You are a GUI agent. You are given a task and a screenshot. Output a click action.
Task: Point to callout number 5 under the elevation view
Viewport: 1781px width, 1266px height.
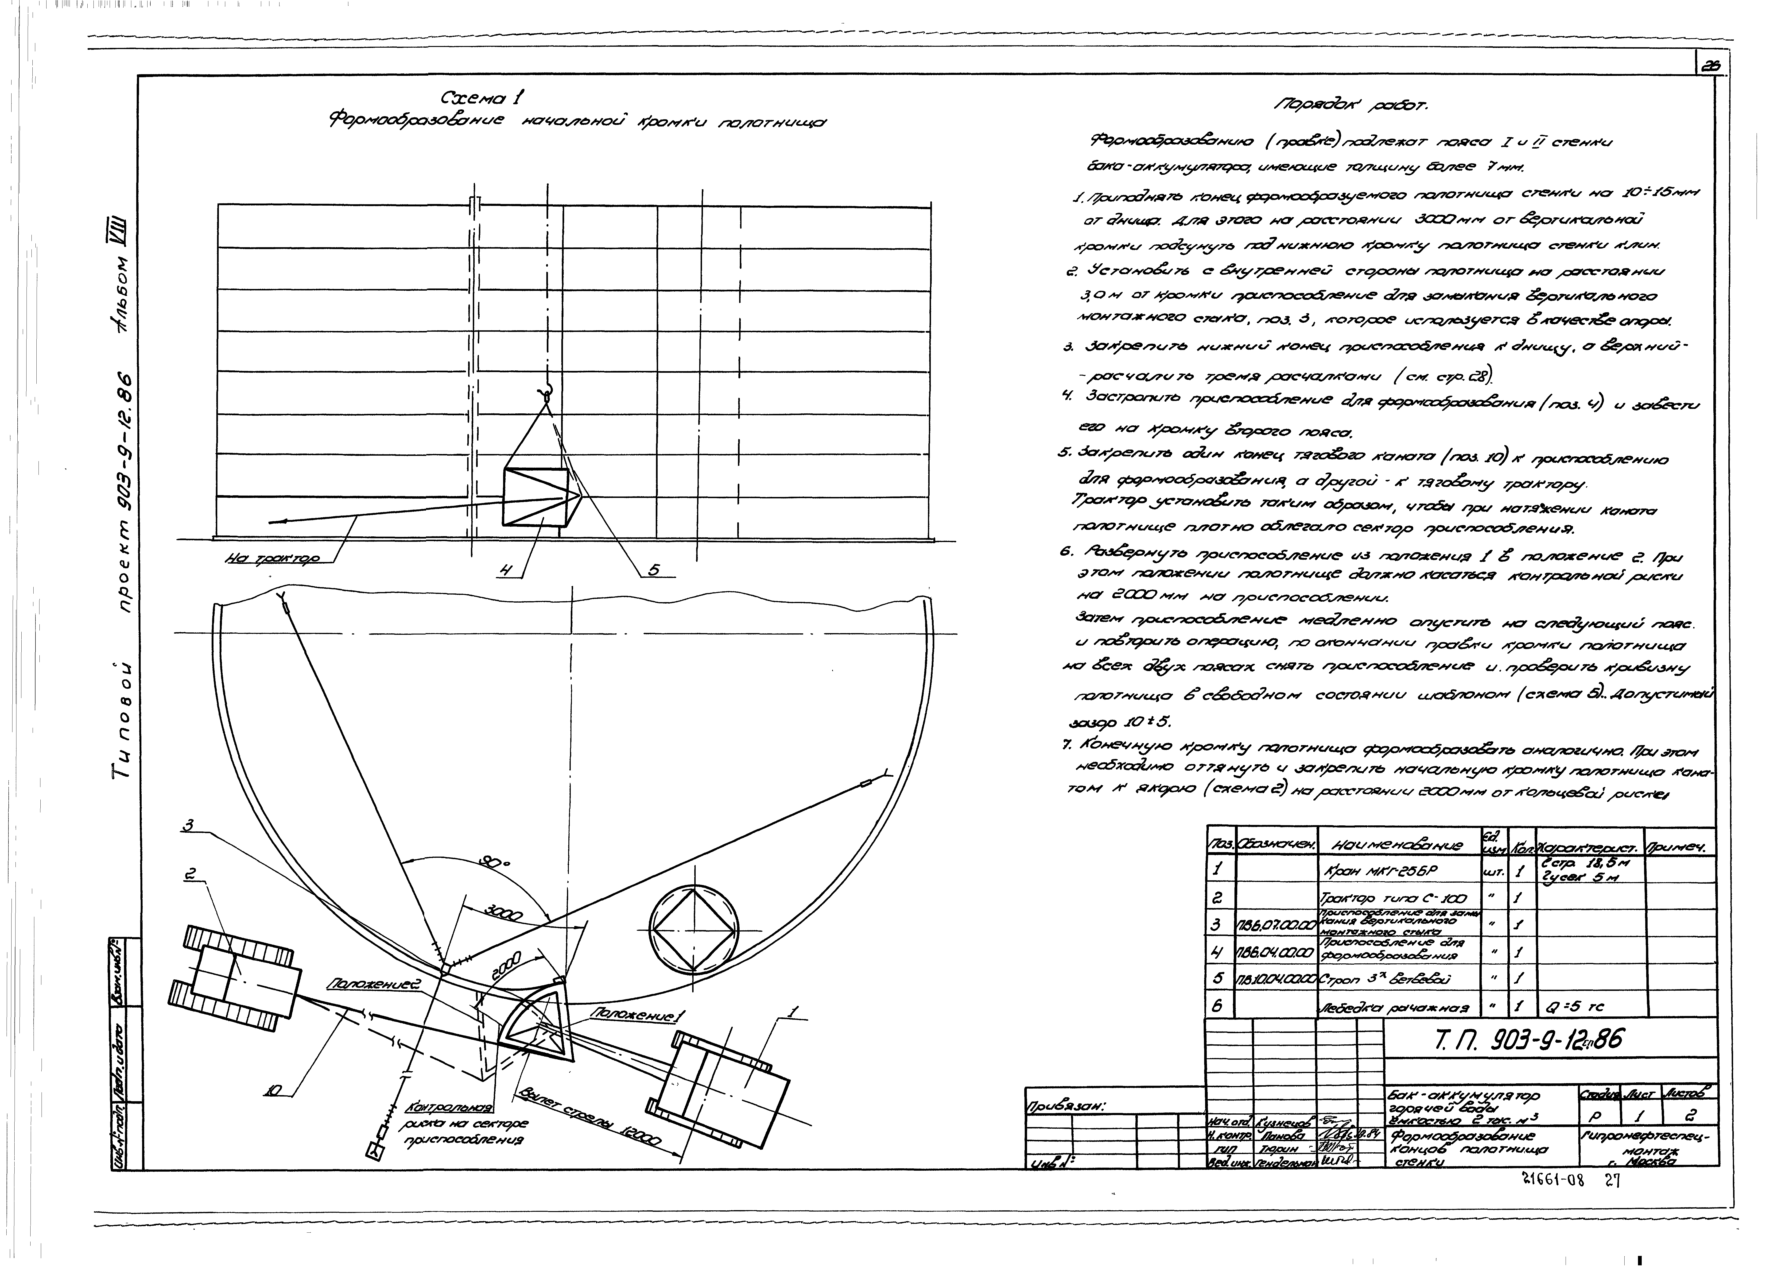653,570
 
